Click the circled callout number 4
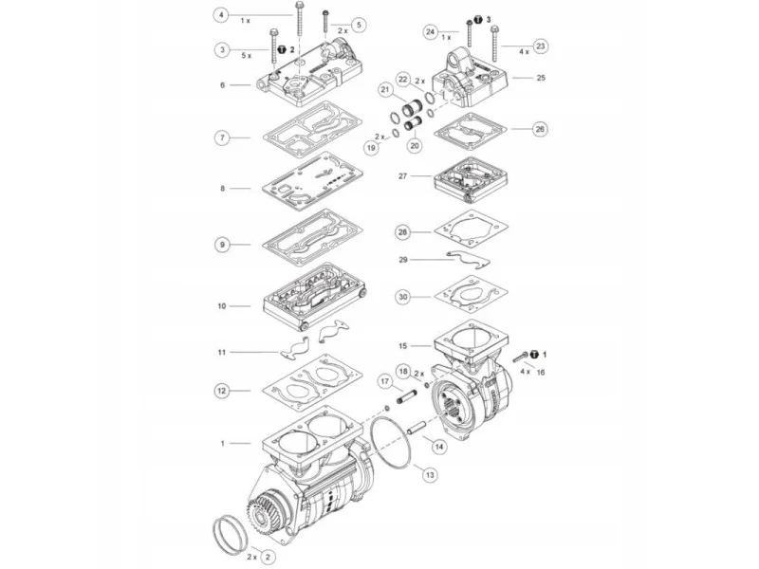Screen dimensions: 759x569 point(221,15)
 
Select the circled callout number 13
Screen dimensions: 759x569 point(430,476)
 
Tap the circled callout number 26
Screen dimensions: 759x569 point(540,129)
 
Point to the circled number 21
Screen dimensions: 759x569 point(385,90)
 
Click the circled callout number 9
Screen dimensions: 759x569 point(222,245)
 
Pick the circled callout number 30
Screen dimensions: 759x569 point(403,297)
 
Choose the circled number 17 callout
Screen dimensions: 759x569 point(385,382)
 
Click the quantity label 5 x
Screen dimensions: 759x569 point(247,56)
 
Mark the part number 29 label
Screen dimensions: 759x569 point(403,260)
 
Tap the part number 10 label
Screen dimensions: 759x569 point(222,306)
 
